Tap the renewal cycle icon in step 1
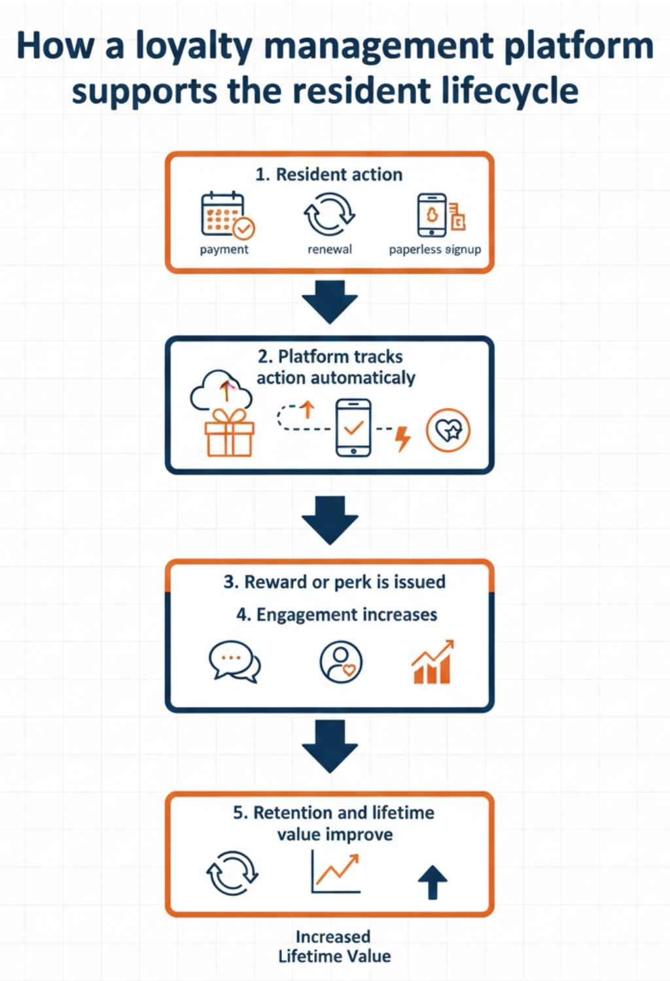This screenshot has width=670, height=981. (x=329, y=214)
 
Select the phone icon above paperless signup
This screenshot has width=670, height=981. (x=432, y=215)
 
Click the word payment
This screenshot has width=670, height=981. (x=224, y=249)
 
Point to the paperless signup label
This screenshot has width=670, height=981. (x=434, y=249)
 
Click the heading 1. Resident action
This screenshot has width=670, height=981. (x=328, y=175)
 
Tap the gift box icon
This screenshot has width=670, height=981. (x=229, y=432)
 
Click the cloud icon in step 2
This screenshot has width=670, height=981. (x=221, y=390)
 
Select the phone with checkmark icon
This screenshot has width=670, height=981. (x=353, y=428)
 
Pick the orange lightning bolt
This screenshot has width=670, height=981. (x=403, y=438)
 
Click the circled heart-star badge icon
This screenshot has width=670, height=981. (x=448, y=430)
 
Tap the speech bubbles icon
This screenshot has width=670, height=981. (x=234, y=661)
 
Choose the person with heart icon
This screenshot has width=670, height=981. (x=341, y=662)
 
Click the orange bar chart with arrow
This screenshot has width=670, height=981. (x=432, y=662)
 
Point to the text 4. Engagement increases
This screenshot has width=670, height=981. (x=336, y=615)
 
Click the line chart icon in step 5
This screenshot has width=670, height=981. (x=336, y=872)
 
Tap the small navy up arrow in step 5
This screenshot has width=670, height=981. (x=432, y=882)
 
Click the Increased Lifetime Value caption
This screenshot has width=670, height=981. (x=334, y=946)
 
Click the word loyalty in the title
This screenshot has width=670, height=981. (x=194, y=47)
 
